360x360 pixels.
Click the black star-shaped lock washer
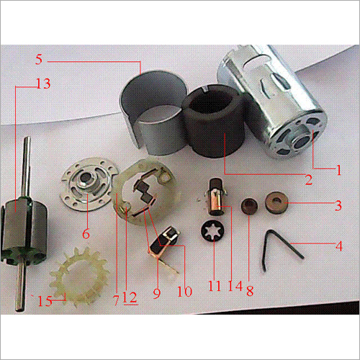[214, 235]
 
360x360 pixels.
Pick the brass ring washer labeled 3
[276, 200]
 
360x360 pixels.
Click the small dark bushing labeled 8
[250, 207]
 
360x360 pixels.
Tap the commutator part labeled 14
[217, 198]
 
